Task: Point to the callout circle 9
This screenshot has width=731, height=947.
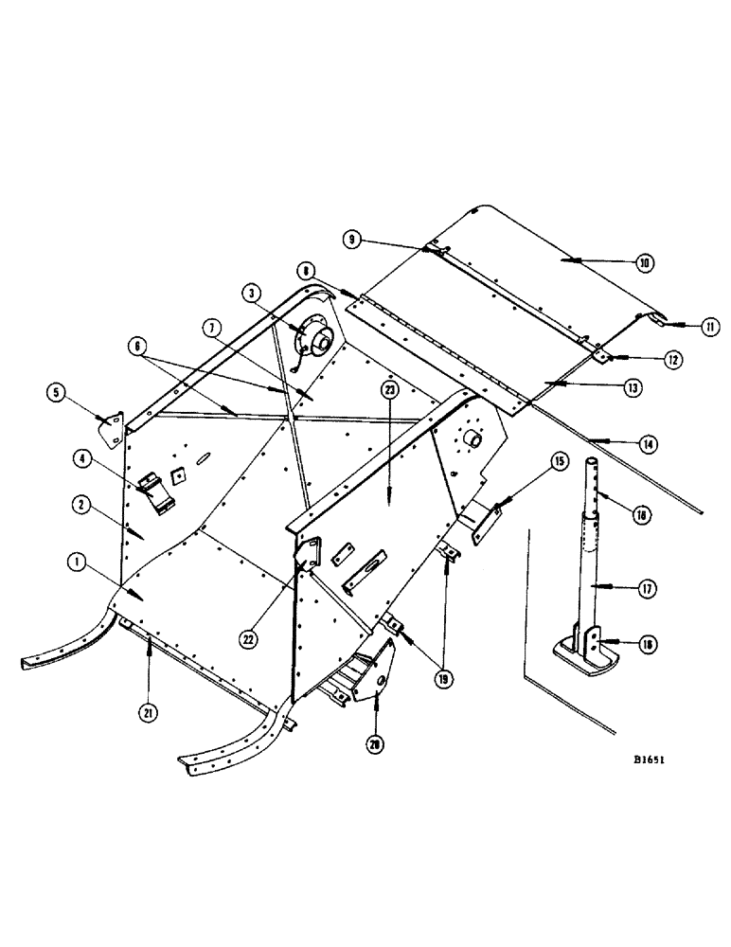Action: point(352,241)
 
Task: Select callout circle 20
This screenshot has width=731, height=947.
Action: point(377,744)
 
